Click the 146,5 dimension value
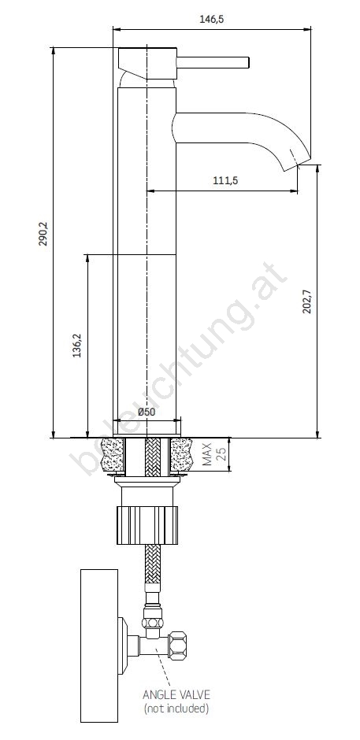tap(212, 19)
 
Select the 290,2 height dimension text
tap(43, 235)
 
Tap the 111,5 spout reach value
tap(225, 180)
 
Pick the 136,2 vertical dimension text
tap(77, 346)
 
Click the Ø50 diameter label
tap(147, 412)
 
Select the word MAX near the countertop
tap(207, 454)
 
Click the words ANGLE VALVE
tap(176, 694)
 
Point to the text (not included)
tap(176, 708)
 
